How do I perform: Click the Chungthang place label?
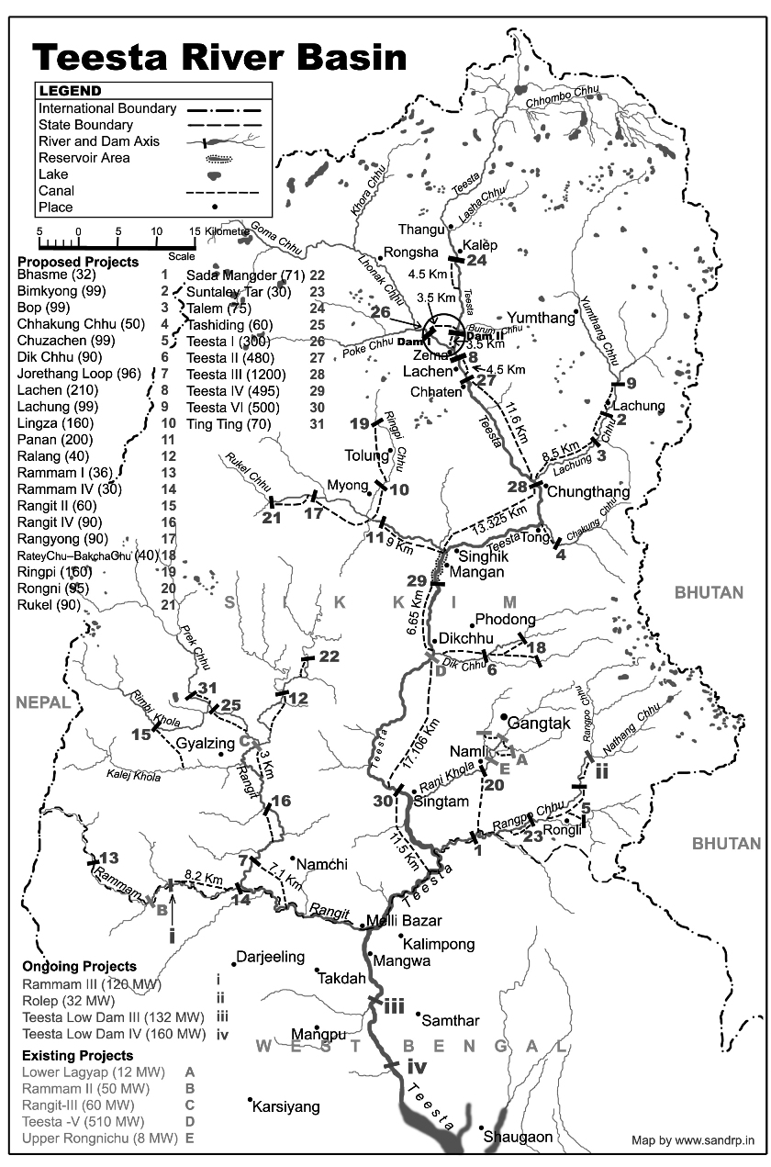click(588, 492)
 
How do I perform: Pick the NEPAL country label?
click(42, 702)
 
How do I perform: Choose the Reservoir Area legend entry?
click(84, 158)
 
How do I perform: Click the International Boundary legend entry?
click(106, 108)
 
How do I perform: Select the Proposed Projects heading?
click(78, 262)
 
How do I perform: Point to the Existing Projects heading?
click(78, 1052)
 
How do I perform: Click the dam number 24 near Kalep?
click(476, 261)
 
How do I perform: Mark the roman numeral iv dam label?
click(417, 1067)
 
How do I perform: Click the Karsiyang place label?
click(288, 1106)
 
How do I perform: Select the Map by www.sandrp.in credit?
click(692, 1140)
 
